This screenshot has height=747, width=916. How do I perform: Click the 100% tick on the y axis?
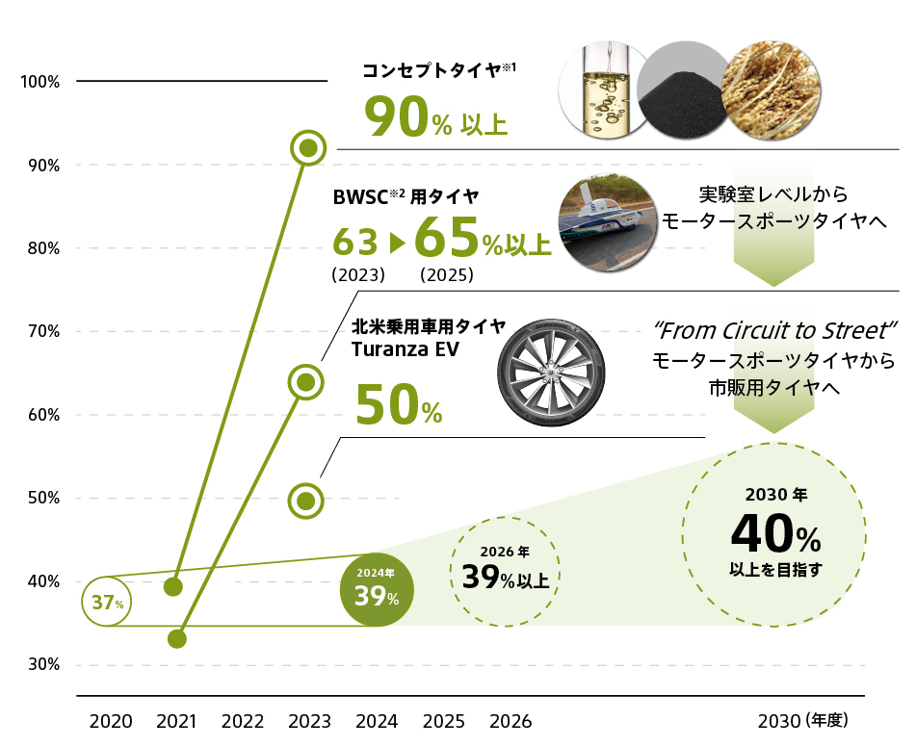[x=40, y=83]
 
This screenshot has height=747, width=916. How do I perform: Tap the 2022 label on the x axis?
[x=243, y=721]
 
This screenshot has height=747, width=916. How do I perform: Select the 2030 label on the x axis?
[x=780, y=721]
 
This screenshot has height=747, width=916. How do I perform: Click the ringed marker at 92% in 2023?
[x=308, y=147]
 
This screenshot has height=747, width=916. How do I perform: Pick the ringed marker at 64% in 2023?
[x=305, y=382]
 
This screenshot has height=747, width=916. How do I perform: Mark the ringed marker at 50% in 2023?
[x=306, y=501]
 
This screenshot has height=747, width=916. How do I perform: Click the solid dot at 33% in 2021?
[x=176, y=638]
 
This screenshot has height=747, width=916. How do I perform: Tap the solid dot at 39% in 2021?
[x=173, y=586]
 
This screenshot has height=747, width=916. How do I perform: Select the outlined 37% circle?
[x=108, y=603]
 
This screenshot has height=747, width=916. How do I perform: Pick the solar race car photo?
[x=609, y=223]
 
